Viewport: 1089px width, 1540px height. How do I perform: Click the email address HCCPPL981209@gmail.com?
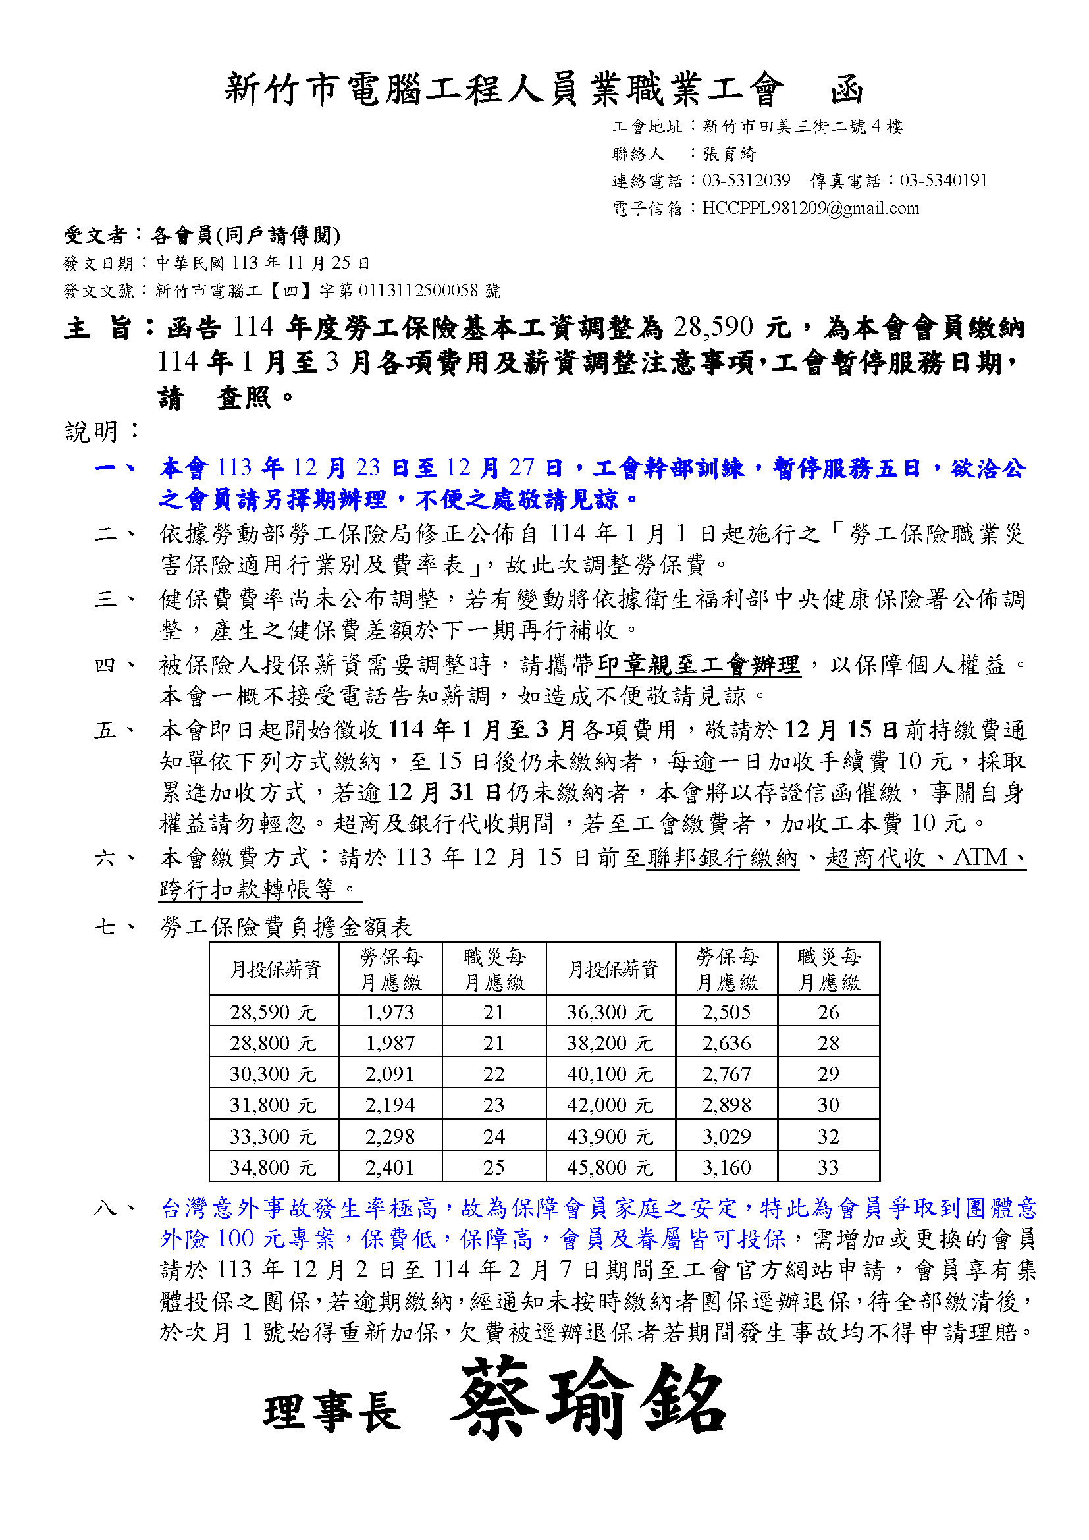[810, 209]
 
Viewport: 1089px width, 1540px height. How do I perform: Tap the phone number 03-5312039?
[746, 180]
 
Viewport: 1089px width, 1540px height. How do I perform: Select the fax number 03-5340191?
[943, 180]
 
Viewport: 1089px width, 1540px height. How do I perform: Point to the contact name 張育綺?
[729, 154]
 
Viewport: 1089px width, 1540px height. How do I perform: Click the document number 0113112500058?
[419, 290]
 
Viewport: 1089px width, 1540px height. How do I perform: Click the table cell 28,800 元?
[273, 1043]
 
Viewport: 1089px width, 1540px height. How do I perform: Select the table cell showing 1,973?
[390, 1012]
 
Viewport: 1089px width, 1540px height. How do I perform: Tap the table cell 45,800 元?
[610, 1168]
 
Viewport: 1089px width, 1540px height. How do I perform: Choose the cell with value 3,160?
[726, 1168]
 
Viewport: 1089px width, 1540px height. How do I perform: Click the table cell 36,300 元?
[610, 1012]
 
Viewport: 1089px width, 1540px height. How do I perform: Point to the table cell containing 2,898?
[726, 1105]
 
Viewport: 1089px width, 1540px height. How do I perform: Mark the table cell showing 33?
[828, 1168]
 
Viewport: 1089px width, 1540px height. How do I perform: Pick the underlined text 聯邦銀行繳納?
[722, 858]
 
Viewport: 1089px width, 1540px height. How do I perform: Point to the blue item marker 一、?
[115, 467]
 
